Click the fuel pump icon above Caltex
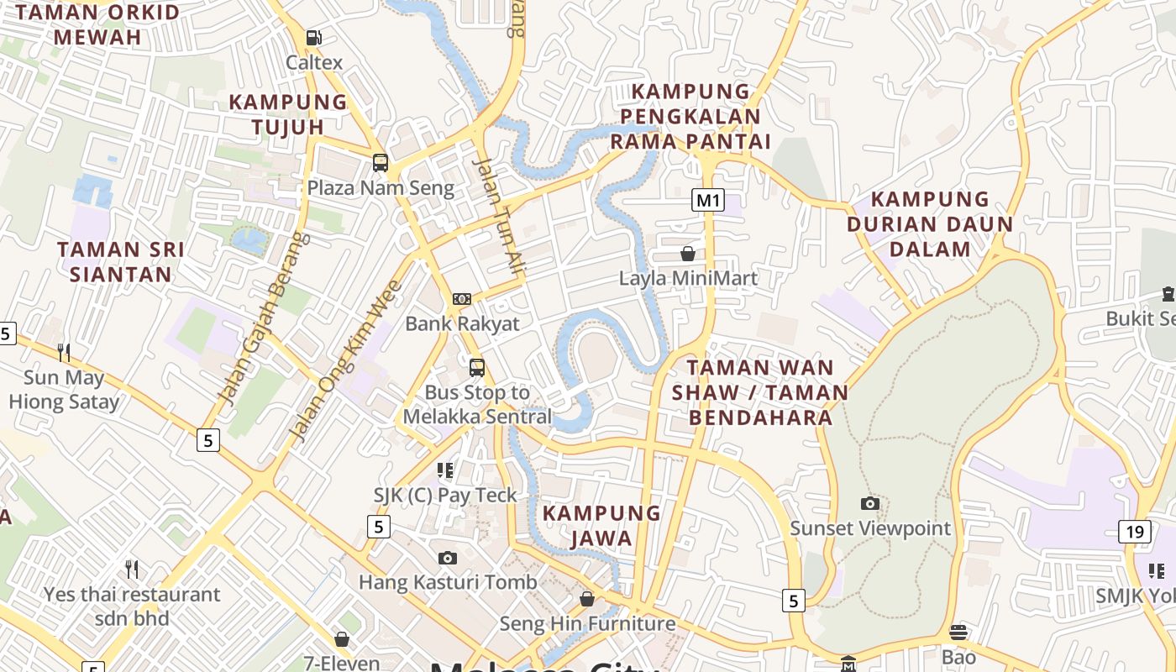point(314,38)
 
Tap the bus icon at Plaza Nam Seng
point(381,163)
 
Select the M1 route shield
point(708,200)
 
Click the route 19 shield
point(1135,531)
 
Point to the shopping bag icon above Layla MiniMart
point(688,253)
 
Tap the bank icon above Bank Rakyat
point(461,299)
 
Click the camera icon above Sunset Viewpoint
point(870,504)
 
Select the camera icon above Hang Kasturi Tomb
point(448,558)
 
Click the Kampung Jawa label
point(601,525)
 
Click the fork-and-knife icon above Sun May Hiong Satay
point(64,352)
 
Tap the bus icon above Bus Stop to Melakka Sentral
point(477,367)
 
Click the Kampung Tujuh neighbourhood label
point(288,114)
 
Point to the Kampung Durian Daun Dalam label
point(930,223)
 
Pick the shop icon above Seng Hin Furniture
point(587,599)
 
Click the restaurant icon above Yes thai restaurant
point(132,570)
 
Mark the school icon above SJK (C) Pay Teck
point(445,470)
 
